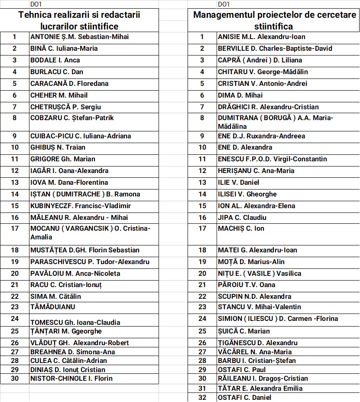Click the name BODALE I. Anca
(x=55, y=60)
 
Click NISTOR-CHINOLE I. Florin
(x=71, y=379)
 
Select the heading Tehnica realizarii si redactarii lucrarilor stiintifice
(x=79, y=20)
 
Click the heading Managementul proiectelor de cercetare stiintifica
(x=275, y=20)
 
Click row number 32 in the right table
(x=202, y=397)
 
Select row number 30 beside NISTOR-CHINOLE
(x=15, y=379)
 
